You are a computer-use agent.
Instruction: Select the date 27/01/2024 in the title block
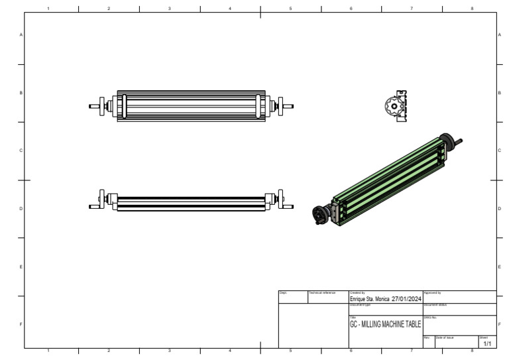tap(406, 299)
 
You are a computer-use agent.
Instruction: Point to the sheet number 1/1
tap(487, 343)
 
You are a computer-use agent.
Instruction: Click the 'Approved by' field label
tap(432, 292)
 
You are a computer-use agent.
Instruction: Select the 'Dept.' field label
tap(282, 292)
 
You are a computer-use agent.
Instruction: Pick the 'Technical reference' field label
tap(322, 292)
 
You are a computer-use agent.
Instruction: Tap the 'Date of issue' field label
tap(444, 337)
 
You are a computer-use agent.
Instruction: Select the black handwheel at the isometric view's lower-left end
tap(320, 214)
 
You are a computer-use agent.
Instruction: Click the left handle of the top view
tap(97, 105)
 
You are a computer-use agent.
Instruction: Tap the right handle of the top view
tap(285, 105)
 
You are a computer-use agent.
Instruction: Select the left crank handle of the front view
tap(98, 200)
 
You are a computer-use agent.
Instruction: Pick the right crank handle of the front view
tap(283, 200)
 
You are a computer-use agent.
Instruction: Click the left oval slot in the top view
tap(123, 105)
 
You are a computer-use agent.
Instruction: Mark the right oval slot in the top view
tap(258, 105)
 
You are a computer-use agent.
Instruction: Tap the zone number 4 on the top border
tap(230, 8)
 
